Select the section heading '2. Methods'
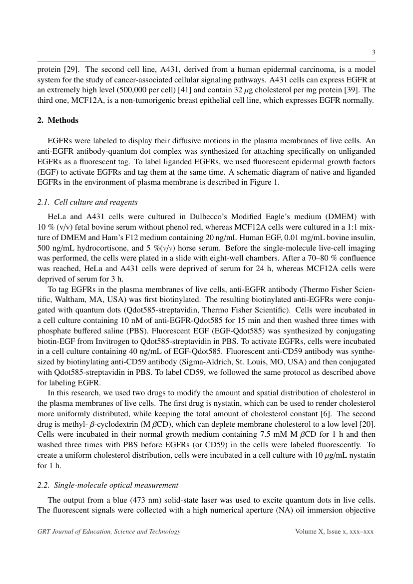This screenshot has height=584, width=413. click(x=58, y=120)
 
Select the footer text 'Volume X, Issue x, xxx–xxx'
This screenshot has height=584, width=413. click(x=335, y=532)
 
